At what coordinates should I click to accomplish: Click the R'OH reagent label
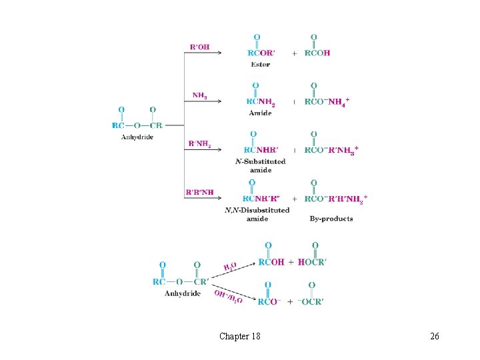tap(199, 47)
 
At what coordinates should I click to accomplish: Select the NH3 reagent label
tap(199, 95)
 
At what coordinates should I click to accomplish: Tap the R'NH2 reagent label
tap(199, 144)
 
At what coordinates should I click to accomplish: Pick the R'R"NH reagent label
tap(199, 193)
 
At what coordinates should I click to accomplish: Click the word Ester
tap(261, 64)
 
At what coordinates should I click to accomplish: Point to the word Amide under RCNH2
tap(261, 113)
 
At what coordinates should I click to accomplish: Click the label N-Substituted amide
tap(261, 165)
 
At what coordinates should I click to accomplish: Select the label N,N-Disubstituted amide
tap(257, 214)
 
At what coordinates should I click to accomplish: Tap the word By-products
tap(331, 219)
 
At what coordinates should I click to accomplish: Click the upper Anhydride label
tap(137, 137)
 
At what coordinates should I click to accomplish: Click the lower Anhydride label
tap(183, 293)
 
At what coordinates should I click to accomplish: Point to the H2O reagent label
tap(230, 268)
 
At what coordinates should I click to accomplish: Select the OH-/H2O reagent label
tap(228, 295)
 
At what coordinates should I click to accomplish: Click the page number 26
tap(435, 336)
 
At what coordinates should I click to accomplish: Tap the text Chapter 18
tap(240, 336)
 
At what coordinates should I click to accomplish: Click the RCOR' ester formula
tap(261, 53)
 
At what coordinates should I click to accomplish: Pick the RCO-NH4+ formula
tap(327, 101)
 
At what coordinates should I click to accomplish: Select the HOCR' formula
tap(311, 262)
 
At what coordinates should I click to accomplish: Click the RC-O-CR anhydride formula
tap(137, 125)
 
